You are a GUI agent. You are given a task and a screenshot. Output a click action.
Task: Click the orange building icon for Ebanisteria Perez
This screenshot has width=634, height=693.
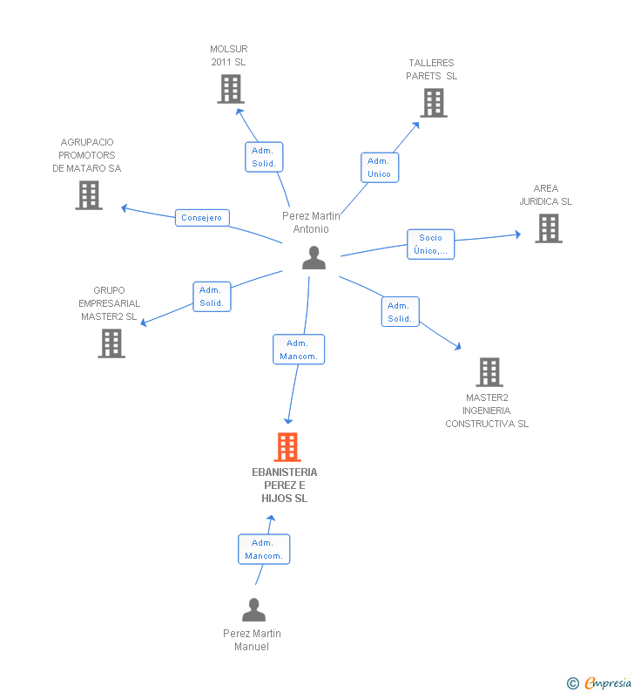pos(287,447)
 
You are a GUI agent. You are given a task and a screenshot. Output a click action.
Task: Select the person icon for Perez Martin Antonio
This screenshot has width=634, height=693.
pos(314,258)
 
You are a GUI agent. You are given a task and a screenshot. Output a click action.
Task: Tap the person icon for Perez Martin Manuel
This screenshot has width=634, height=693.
pos(254,610)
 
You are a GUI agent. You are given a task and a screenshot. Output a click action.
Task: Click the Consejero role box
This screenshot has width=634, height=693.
pos(202,218)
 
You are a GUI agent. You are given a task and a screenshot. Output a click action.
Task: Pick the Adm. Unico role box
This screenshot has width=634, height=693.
pos(380,167)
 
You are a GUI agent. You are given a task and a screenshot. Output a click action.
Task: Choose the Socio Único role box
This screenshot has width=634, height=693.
pos(430,244)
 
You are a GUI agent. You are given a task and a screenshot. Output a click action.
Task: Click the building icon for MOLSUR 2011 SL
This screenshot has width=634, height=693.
pos(231,89)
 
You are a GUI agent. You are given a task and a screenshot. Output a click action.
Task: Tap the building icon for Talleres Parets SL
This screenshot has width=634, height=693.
pos(434,103)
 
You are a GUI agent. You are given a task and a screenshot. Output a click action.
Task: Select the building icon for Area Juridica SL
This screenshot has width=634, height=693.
pos(549,228)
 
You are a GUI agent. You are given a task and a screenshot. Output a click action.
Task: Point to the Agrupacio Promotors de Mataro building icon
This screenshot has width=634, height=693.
pos(89,195)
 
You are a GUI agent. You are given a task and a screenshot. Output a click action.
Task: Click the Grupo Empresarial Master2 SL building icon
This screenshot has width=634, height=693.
pos(111,343)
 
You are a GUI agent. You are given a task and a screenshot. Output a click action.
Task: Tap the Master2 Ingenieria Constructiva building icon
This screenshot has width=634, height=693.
pos(489,372)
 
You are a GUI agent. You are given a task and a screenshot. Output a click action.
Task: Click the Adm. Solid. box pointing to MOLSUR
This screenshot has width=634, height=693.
pos(264,157)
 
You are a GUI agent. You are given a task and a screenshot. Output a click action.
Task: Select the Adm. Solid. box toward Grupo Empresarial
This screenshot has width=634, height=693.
pos(212,296)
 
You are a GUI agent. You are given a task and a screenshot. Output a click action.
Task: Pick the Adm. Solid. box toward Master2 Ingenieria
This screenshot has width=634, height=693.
pos(400,311)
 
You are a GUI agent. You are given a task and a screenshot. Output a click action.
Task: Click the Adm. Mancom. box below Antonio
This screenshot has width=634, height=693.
pos(299,350)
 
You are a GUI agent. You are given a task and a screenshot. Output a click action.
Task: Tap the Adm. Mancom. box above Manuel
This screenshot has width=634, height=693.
pos(264,549)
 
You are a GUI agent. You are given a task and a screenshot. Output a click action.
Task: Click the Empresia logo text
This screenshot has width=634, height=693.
pos(608,683)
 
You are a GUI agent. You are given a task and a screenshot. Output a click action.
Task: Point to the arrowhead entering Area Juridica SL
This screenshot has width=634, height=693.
pos(518,234)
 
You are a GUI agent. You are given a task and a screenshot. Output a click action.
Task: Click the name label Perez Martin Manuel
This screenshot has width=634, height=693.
pos(252,640)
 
